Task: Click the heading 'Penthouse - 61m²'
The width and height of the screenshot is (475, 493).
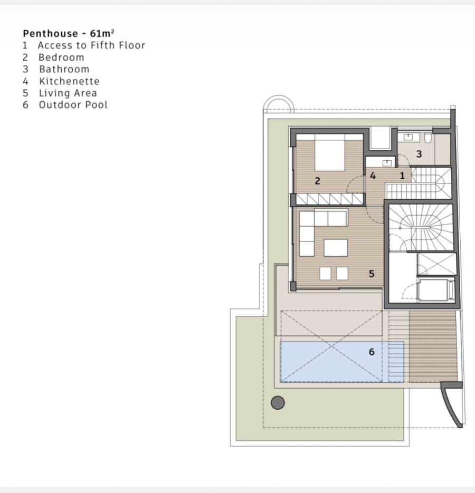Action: [69, 33]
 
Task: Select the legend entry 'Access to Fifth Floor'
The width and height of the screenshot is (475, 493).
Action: [91, 45]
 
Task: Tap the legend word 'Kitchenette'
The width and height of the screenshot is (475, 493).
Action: [69, 81]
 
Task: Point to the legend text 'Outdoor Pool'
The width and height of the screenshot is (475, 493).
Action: [73, 105]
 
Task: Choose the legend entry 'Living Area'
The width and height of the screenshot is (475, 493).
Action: [68, 93]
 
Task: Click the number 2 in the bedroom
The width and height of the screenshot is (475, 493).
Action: [317, 181]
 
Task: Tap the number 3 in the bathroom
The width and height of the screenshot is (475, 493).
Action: [419, 154]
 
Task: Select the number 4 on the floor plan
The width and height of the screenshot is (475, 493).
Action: [373, 176]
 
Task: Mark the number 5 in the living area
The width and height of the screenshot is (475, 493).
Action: [372, 274]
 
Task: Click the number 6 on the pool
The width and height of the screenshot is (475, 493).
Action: [372, 352]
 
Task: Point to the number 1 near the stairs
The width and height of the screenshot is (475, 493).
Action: [402, 176]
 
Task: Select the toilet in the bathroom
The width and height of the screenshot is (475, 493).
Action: [427, 138]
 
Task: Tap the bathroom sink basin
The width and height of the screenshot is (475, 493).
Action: [408, 137]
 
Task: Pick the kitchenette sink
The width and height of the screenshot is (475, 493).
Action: [387, 163]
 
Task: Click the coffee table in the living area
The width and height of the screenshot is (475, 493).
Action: [336, 247]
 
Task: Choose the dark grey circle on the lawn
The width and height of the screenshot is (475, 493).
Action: [278, 402]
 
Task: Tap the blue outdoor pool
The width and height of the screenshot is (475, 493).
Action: [341, 362]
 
